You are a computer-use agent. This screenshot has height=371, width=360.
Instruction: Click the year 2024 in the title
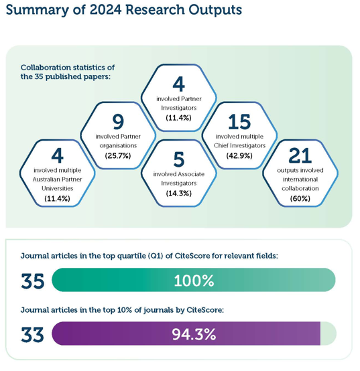coord(106,10)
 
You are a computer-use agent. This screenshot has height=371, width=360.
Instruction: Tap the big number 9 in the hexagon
coord(118,122)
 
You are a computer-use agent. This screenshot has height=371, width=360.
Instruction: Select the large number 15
coord(239,122)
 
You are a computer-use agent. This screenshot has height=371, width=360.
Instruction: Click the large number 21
coord(300,155)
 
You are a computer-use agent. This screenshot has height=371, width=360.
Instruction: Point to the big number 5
coord(179,159)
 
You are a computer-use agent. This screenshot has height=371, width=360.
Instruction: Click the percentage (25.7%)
coord(118,155)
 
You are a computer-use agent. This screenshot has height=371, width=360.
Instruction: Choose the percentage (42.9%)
coord(239,155)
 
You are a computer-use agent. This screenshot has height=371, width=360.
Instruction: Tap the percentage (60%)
coord(300,198)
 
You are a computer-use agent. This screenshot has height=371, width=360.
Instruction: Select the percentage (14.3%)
coord(179,194)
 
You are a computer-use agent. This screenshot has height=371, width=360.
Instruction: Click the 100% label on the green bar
coord(194,281)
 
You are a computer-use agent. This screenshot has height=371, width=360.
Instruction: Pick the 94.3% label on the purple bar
coord(194,334)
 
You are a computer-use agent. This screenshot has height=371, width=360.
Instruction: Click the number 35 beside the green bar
coord(32,281)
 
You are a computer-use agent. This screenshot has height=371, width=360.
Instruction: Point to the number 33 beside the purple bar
coord(32,335)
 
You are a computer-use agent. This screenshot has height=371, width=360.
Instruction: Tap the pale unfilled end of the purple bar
coord(328,333)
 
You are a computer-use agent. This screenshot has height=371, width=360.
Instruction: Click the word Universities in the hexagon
coord(57,188)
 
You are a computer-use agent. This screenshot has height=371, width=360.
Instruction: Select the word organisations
coord(118,145)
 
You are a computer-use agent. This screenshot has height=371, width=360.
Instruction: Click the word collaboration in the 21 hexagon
coord(300,188)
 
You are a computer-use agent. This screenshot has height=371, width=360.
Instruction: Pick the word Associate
coord(190,174)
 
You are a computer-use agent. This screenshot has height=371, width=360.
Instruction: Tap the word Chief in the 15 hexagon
coord(221,145)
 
